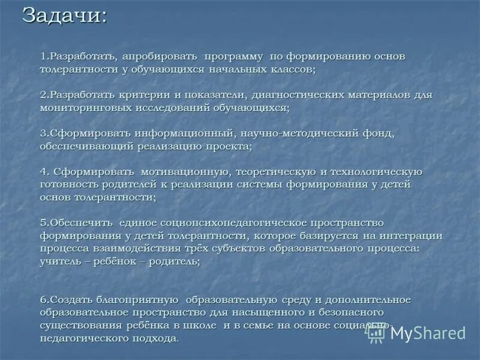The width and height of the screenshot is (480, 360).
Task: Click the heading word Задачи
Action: click(x=65, y=16)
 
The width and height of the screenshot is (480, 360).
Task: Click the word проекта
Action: click(x=229, y=146)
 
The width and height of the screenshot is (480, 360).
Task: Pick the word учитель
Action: click(x=62, y=262)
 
